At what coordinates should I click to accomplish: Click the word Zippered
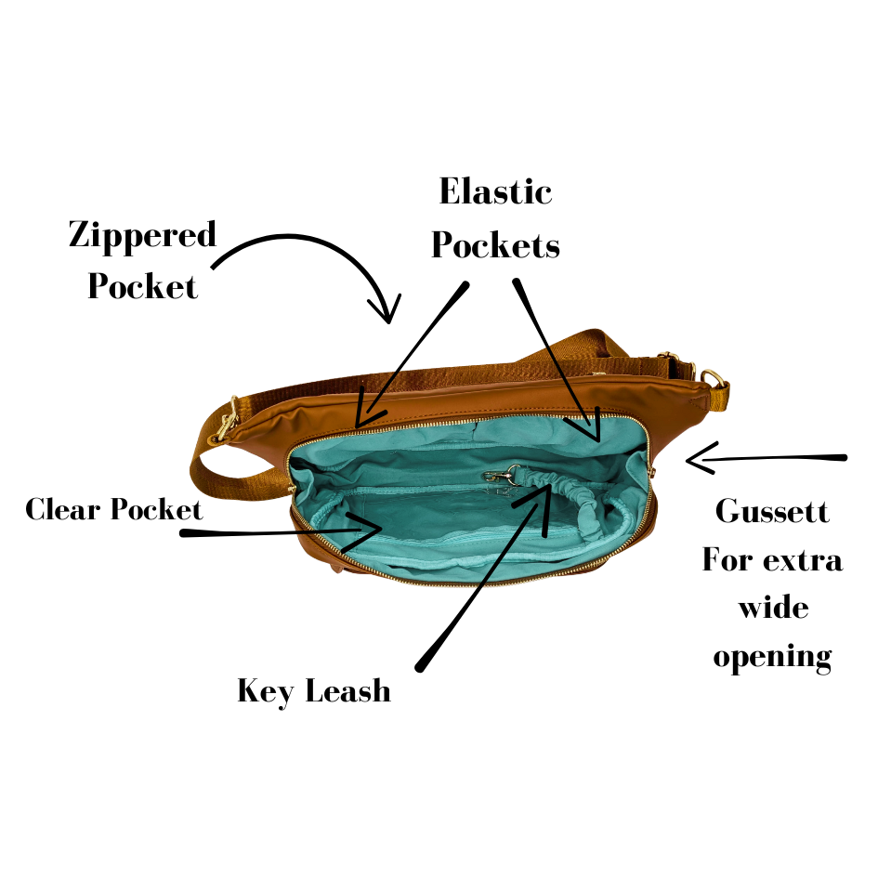pos(142,236)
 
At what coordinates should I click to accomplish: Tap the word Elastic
pos(495,192)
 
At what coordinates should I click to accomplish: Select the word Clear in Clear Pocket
pos(63,509)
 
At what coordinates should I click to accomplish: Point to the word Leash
pos(349,691)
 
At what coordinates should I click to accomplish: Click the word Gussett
pos(772,511)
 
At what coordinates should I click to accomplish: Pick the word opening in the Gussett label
pos(772,658)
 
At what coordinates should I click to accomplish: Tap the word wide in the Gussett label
pos(772,609)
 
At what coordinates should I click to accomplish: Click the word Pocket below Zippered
pos(142,285)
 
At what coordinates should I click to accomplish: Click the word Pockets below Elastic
pos(495,245)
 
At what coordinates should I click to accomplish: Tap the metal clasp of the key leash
pos(499,477)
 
